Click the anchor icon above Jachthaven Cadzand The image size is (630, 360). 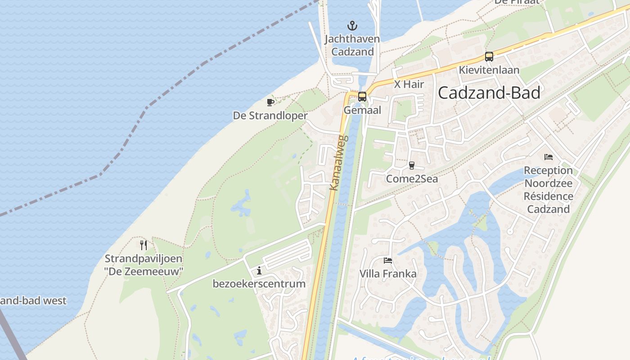(352, 25)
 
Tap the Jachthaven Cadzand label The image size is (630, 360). (352, 45)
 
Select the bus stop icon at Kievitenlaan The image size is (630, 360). (489, 57)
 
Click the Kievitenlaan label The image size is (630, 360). (489, 70)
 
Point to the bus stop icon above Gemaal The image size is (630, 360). (362, 97)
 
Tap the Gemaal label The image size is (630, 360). (362, 110)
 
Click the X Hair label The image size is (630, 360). (409, 84)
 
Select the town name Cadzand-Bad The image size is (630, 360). (489, 93)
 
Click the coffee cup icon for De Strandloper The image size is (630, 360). (270, 103)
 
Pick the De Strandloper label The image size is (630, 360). (270, 116)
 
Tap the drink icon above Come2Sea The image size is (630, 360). (411, 166)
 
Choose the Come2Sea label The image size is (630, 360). (412, 179)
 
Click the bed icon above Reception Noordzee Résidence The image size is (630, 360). (548, 157)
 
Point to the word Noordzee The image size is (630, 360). (548, 184)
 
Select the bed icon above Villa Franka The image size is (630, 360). (387, 260)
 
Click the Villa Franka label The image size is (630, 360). (387, 274)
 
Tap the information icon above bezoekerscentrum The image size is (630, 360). (259, 270)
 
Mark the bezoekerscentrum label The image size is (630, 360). (259, 284)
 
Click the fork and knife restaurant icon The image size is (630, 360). (144, 245)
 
